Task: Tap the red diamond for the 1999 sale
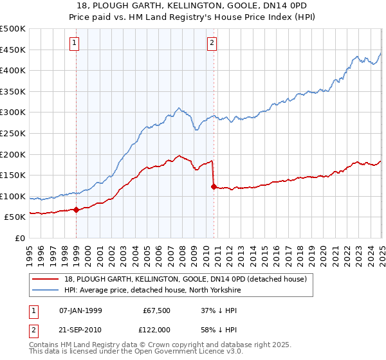(x=77, y=209)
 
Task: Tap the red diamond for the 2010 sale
(x=214, y=186)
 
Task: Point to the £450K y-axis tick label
(x=14, y=50)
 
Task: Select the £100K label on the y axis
(x=14, y=196)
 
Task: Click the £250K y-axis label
(x=14, y=133)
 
